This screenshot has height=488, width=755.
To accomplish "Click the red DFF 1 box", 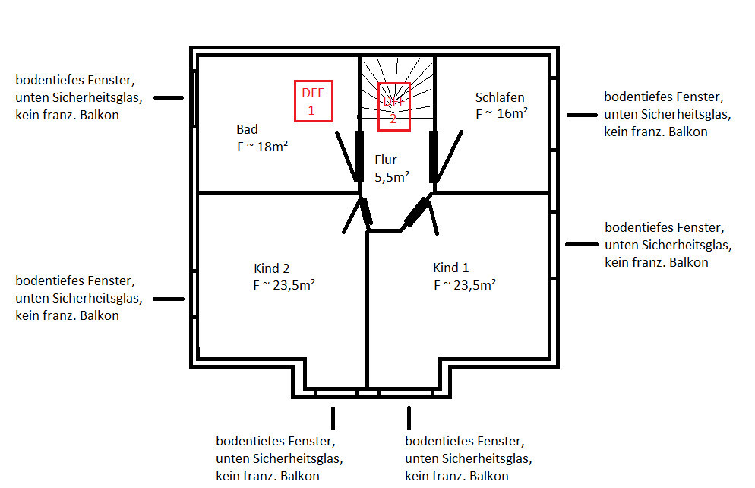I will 314,100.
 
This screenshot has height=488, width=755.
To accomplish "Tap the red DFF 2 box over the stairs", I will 393,103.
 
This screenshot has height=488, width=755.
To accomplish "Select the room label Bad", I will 247,129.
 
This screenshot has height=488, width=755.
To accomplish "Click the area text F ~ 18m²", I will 261,147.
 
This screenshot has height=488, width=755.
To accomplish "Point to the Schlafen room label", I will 500,97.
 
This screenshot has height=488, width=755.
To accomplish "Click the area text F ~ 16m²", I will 501,114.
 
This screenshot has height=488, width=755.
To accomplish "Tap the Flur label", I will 386,160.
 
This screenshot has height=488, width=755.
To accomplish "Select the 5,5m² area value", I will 392,176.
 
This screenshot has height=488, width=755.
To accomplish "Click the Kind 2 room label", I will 272,268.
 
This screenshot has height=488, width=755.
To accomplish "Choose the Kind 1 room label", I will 451,268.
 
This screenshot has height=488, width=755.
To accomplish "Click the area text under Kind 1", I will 465,285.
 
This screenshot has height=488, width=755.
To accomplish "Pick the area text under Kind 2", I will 285,286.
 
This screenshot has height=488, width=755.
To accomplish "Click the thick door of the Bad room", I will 356,157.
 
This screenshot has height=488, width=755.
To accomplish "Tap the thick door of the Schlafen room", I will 434,157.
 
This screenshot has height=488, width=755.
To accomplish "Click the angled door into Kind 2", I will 366,211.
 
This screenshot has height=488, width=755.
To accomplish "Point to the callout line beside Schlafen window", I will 583,115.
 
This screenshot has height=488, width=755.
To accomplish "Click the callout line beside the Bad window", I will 169,98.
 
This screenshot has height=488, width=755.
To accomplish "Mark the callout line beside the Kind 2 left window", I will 169,299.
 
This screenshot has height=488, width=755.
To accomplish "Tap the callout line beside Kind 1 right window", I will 583,245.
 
